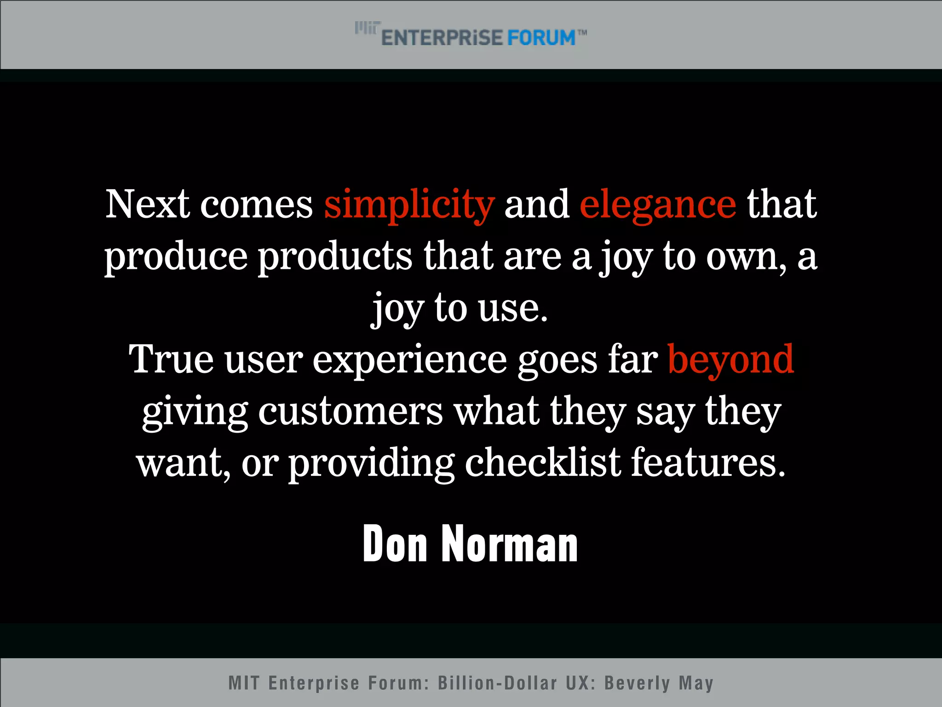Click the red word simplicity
409,205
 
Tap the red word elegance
658,205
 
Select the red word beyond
730,360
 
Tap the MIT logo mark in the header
367,28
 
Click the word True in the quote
171,360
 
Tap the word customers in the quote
350,411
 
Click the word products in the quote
335,257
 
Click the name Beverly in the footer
638,683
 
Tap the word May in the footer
696,683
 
